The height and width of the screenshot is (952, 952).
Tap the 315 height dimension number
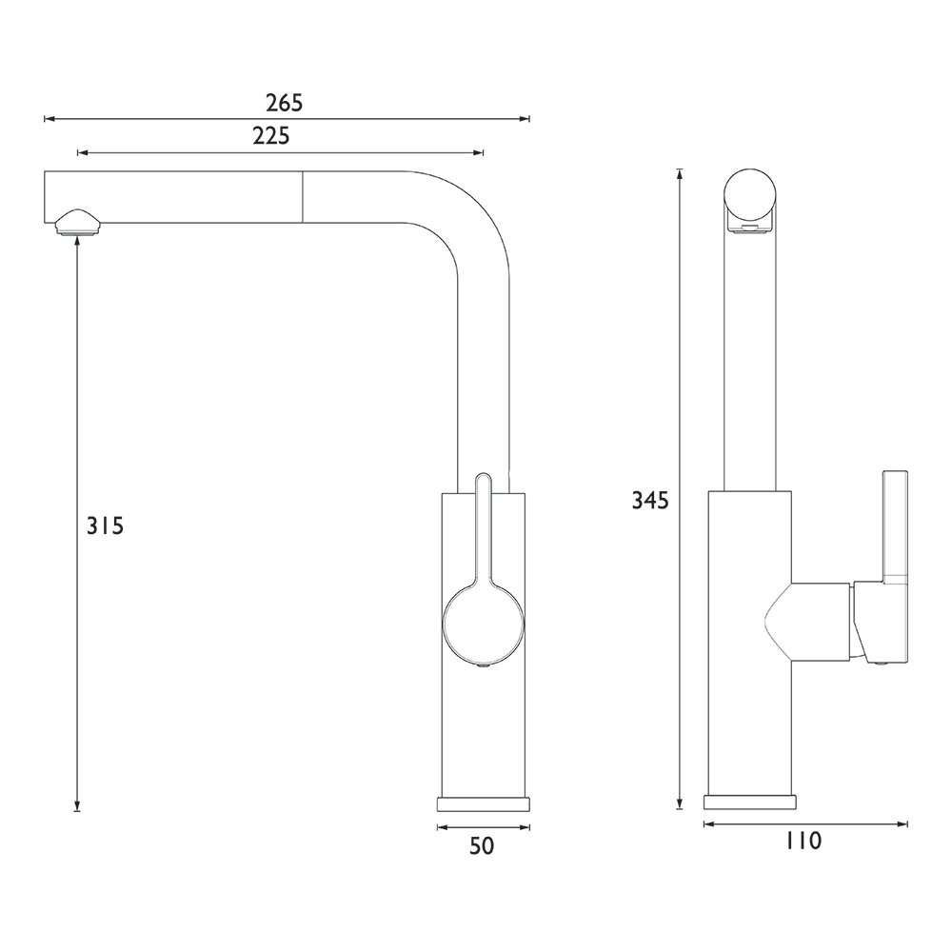(x=105, y=525)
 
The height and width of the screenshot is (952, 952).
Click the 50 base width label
(x=482, y=845)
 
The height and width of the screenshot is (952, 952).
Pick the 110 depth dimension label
(x=803, y=841)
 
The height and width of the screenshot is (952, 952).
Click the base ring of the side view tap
(x=749, y=802)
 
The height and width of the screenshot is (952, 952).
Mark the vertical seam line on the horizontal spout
(x=303, y=197)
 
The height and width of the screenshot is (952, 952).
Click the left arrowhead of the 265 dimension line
(x=49, y=119)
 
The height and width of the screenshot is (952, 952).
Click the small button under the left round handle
(x=483, y=667)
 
